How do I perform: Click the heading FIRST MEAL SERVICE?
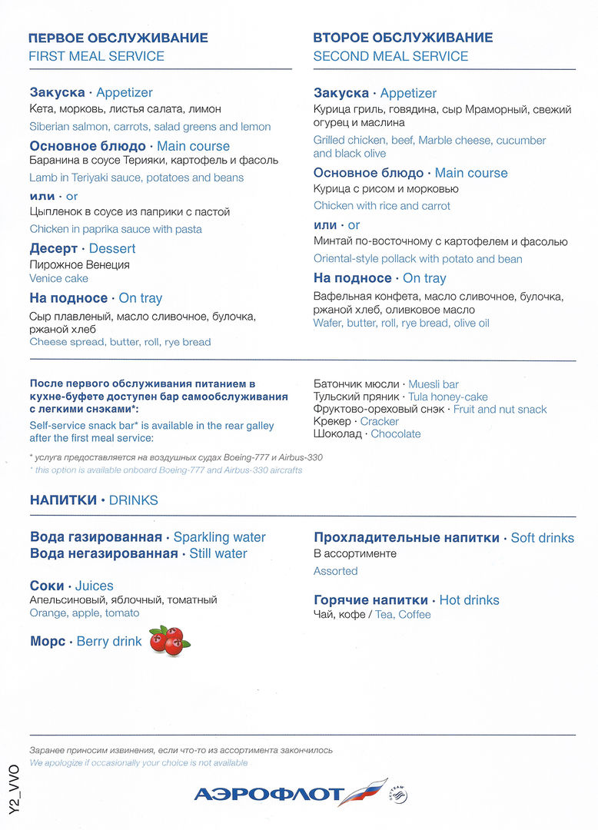coord(96,56)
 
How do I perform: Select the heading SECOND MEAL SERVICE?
coord(390,56)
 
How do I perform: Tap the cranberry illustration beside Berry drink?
coord(169,640)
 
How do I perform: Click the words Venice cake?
coord(58,278)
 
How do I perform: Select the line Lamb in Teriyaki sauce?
coord(136,178)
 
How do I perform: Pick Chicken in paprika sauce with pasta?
coord(115,229)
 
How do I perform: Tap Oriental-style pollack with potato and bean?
coord(417,259)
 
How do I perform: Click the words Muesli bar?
coord(434,384)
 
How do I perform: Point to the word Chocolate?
coord(395,433)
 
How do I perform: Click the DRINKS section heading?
coord(133,500)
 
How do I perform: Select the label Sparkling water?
coord(219,538)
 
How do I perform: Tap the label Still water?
coord(218,553)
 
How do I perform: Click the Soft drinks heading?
coord(543,538)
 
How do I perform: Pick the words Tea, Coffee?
coord(403,615)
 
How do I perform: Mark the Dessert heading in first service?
coord(112,248)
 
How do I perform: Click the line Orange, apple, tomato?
coord(85,613)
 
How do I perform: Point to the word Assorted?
coord(335,571)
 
